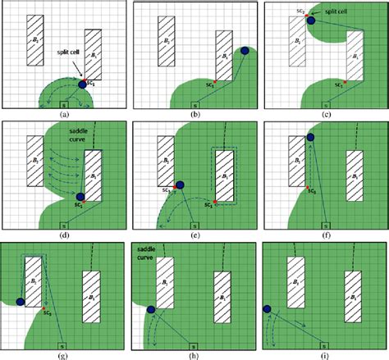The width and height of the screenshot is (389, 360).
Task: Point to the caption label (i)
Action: coord(323,353)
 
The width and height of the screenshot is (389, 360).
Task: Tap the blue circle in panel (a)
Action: coord(81,84)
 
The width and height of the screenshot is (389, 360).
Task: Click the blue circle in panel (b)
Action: coord(244,52)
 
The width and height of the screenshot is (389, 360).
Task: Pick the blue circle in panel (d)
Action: coord(80,196)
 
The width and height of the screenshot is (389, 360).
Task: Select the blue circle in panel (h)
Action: coord(150,309)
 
